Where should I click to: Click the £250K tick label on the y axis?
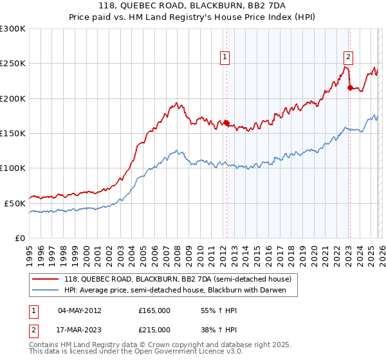click(13, 64)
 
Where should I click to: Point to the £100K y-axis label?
click(13, 168)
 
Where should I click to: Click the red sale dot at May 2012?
click(226, 123)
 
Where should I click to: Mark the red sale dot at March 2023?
click(349, 88)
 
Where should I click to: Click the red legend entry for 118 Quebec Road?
click(178, 279)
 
